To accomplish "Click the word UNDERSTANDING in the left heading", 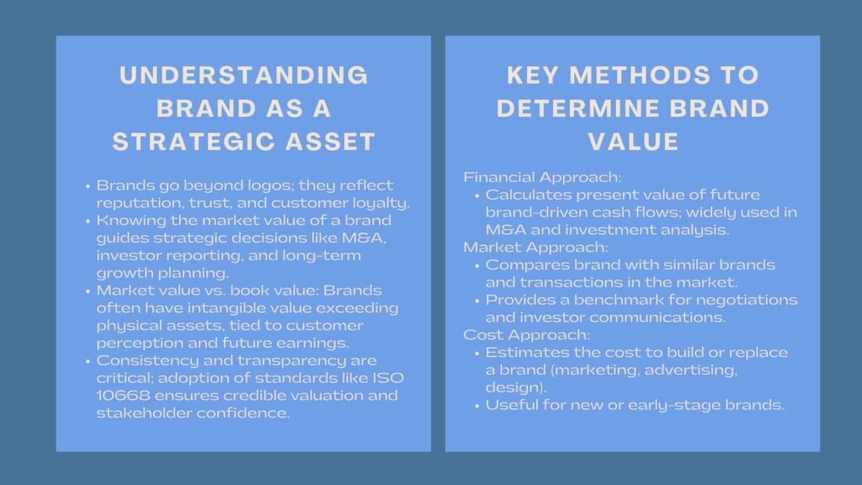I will tap(244, 76).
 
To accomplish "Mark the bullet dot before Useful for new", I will tap(476, 406).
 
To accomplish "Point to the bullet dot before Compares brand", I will tap(476, 266).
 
